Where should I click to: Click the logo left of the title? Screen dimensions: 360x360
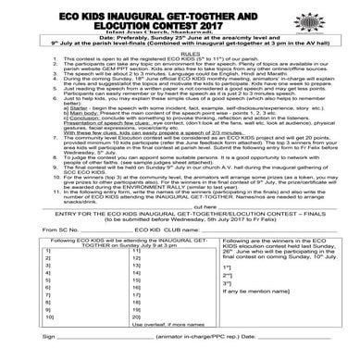coord(18,19)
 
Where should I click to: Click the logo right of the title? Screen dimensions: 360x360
coord(340,19)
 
